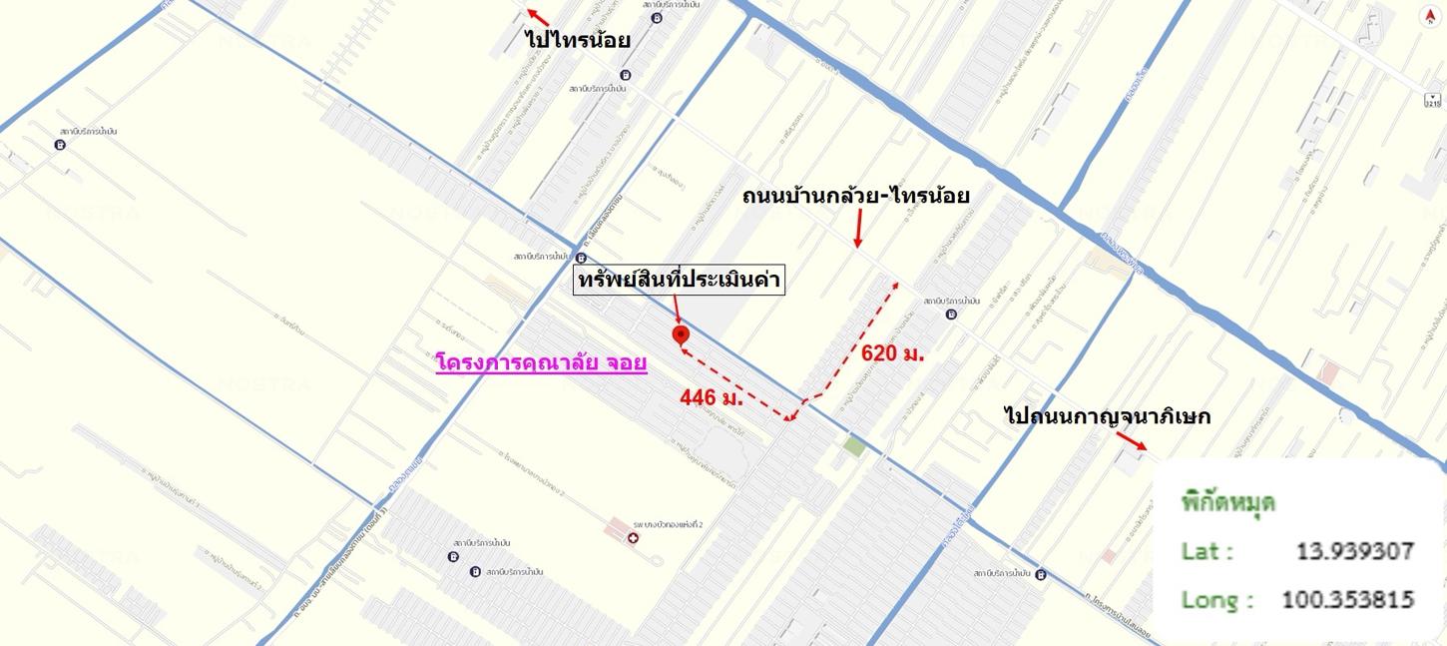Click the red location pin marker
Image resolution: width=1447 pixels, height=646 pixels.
tap(680, 333)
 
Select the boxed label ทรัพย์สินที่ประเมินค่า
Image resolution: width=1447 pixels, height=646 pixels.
tap(680, 281)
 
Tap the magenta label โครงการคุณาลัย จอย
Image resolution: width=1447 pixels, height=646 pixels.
tap(542, 362)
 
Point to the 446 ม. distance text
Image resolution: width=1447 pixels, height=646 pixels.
tap(713, 397)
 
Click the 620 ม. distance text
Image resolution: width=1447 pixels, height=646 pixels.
tap(892, 352)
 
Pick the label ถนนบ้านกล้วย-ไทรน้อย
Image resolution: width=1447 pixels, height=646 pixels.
tap(855, 197)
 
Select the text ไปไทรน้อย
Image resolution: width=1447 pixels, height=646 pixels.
tap(578, 40)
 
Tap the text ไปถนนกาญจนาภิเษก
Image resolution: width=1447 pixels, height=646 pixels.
tap(1107, 416)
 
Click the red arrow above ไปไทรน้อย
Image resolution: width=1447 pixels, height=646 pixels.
tap(538, 17)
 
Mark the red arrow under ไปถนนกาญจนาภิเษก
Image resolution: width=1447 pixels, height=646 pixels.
tap(1132, 441)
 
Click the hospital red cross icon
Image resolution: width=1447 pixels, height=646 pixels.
tap(631, 538)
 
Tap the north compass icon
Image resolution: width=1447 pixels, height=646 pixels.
tap(1430, 16)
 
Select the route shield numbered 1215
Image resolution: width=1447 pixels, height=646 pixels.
tap(1433, 101)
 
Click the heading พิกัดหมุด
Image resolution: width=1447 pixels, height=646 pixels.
tap(1228, 502)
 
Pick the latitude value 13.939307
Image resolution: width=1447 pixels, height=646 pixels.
tap(1354, 551)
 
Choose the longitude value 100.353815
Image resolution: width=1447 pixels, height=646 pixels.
tap(1347, 600)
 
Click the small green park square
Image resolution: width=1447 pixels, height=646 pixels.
tap(854, 445)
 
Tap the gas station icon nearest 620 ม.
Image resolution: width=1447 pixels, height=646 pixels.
tap(949, 314)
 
